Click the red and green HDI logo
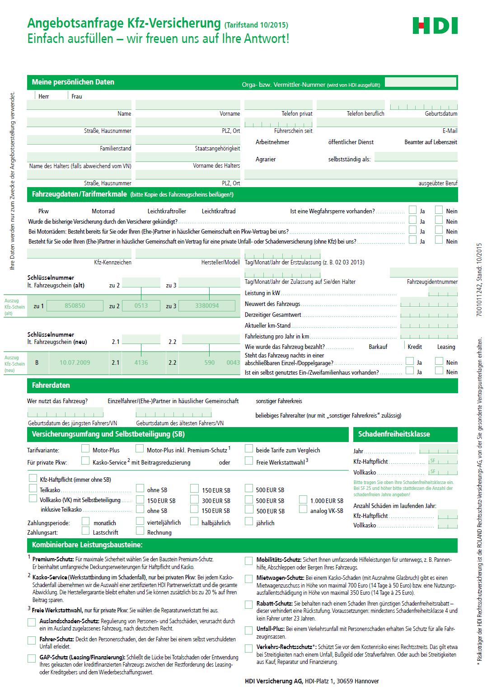[435, 26]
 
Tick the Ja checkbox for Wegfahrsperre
[412, 210]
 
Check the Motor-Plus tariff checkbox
[85, 449]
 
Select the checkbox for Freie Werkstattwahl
[249, 461]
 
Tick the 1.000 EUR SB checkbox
[303, 500]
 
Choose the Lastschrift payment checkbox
[85, 531]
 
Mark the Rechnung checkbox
[140, 531]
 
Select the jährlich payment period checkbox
[249, 522]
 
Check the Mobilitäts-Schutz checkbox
[249, 561]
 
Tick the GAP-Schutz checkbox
[32, 658]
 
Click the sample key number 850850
[75, 306]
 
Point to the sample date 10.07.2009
[75, 362]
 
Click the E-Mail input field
[387, 122]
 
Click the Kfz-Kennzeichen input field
[79, 254]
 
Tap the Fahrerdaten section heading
[51, 386]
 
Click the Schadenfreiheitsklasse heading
[394, 434]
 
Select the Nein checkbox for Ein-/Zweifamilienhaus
[439, 371]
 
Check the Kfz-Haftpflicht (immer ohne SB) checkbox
[33, 478]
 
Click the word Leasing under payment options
[446, 347]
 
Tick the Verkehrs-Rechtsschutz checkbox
[249, 648]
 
